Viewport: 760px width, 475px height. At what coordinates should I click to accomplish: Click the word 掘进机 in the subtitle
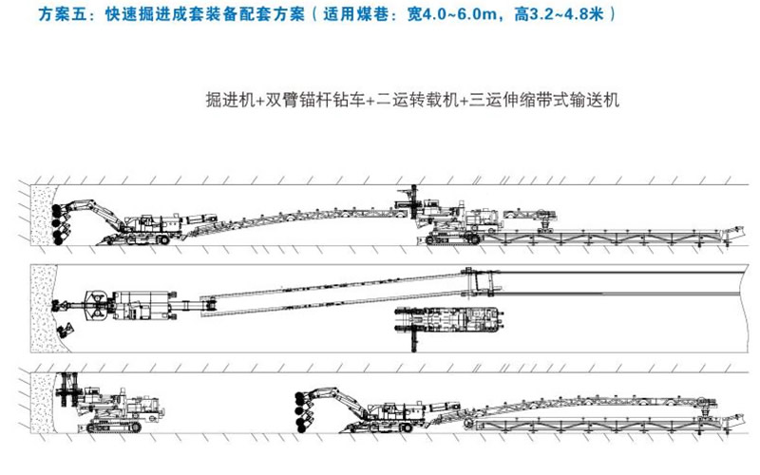click(228, 99)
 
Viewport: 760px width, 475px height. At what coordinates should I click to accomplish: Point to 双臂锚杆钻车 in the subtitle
click(309, 99)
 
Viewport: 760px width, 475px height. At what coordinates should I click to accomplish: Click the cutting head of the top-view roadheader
click(93, 305)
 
